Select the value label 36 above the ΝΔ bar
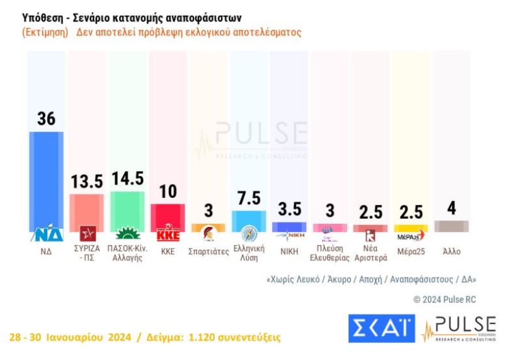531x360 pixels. pyautogui.click(x=47, y=119)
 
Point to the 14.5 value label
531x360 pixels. pyautogui.click(x=127, y=178)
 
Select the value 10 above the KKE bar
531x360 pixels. pyautogui.click(x=168, y=192)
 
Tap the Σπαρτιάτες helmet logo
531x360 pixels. pyautogui.click(x=208, y=236)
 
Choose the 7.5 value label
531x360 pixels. pyautogui.click(x=248, y=198)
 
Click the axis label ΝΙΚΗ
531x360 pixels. pyautogui.click(x=288, y=250)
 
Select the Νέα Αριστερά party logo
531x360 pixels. pyautogui.click(x=370, y=236)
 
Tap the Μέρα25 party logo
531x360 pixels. pyautogui.click(x=410, y=236)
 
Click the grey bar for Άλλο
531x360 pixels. pyautogui.click(x=451, y=226)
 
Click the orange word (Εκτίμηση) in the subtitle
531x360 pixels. pyautogui.click(x=45, y=32)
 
